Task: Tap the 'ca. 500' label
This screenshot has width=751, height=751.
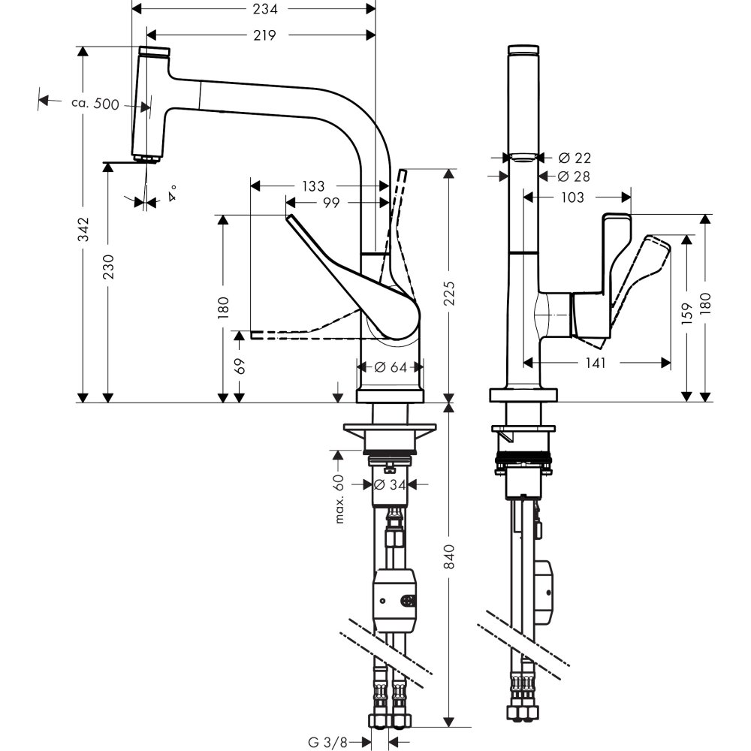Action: point(95,104)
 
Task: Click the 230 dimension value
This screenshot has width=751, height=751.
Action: point(108,268)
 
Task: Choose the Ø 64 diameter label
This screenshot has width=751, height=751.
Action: point(390,367)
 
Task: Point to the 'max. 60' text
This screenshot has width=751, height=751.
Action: point(339,499)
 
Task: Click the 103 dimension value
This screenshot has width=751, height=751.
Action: point(572,197)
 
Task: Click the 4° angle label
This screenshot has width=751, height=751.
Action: point(173,193)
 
